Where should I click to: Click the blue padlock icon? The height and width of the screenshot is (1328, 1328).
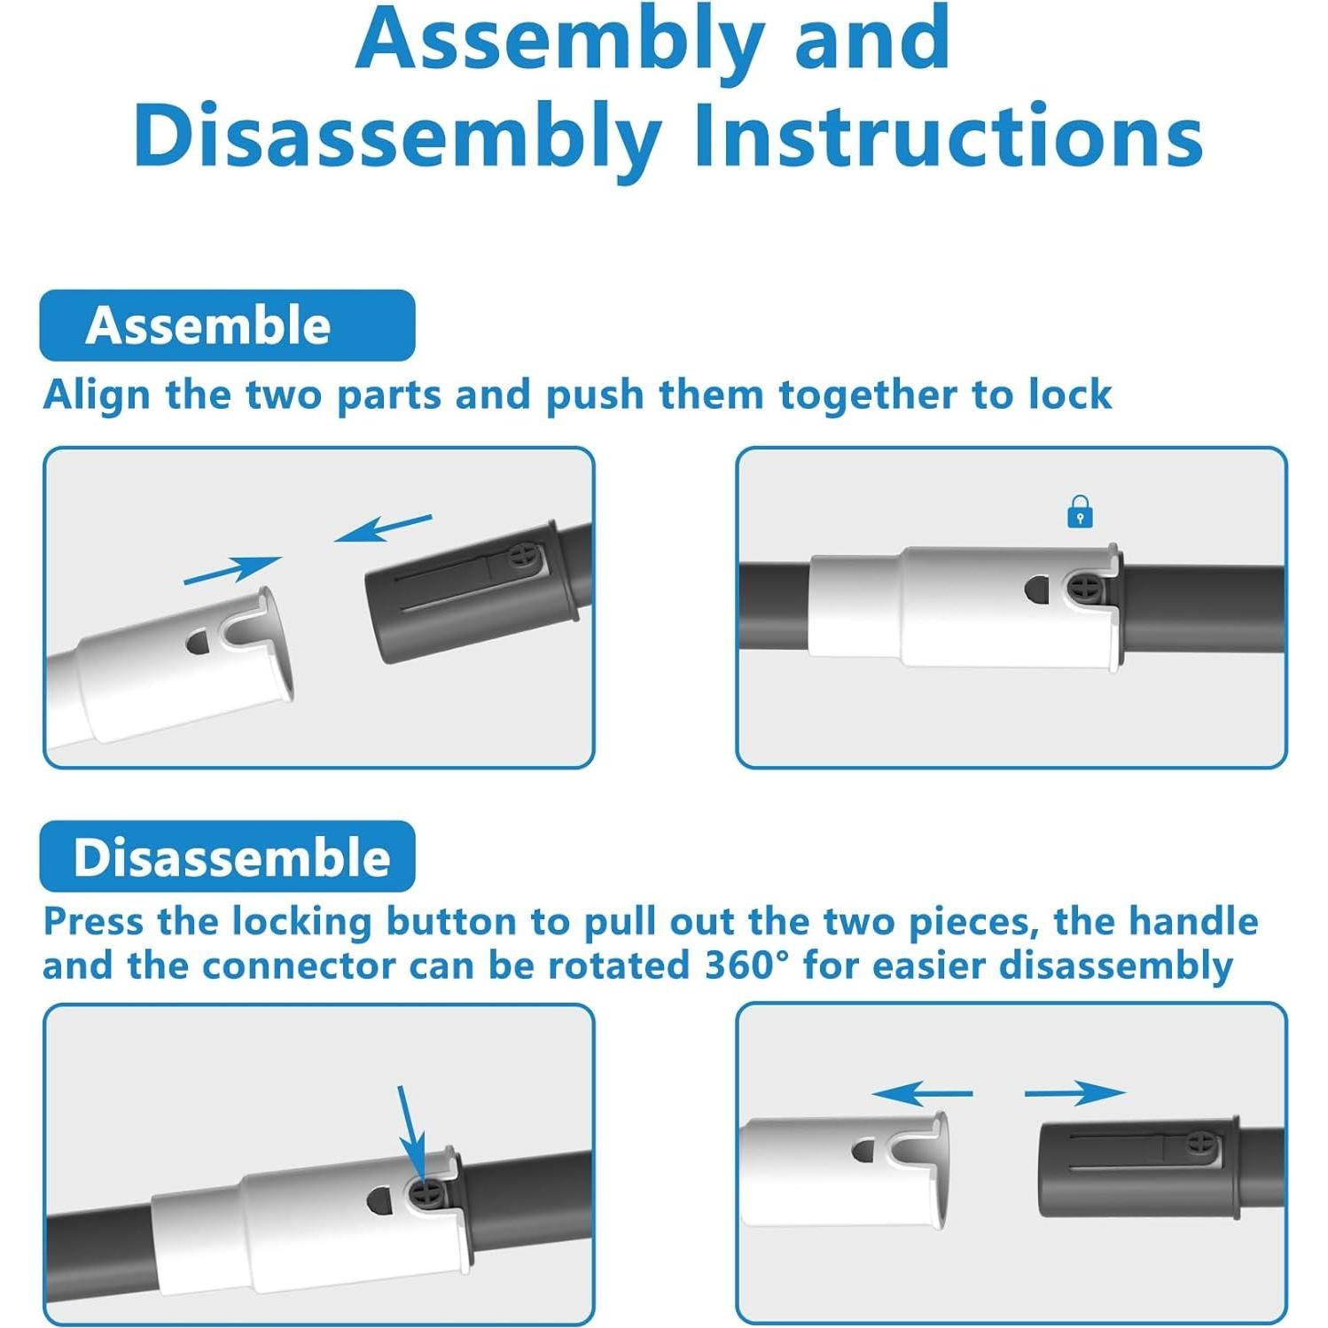click(x=1079, y=512)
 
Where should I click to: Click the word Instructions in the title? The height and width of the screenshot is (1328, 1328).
click(x=948, y=135)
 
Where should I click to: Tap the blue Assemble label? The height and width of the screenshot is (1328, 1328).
click(x=227, y=324)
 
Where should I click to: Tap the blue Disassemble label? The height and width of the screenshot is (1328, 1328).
click(x=227, y=856)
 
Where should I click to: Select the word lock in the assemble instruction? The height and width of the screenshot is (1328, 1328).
click(x=1070, y=394)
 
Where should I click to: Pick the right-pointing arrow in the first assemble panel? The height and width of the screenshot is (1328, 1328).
click(x=232, y=570)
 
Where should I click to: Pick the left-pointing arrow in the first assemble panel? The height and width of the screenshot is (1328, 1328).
click(x=383, y=527)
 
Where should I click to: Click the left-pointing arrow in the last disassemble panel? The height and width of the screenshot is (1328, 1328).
click(x=922, y=1093)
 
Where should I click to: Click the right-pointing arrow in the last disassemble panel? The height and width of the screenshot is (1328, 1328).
click(x=1074, y=1093)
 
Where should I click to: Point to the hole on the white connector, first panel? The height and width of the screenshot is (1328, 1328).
click(x=198, y=642)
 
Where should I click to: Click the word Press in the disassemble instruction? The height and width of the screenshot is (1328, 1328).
click(x=93, y=921)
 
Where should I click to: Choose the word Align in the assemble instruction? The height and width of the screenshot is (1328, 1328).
click(x=98, y=394)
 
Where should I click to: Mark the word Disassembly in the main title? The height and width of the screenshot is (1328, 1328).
click(x=398, y=137)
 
